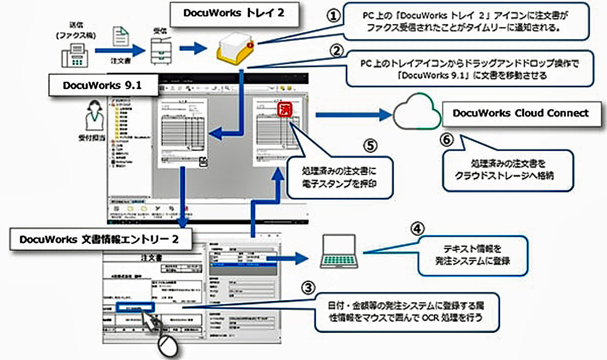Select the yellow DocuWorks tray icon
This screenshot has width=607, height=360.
click(234, 49)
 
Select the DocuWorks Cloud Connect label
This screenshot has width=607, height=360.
click(521, 113)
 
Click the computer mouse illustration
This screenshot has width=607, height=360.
click(168, 345)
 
